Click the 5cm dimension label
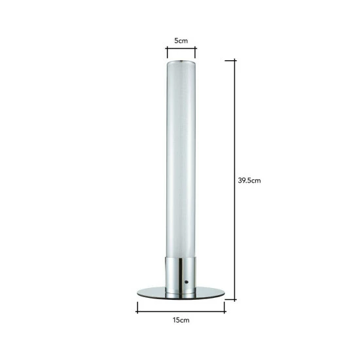[x=181, y=41]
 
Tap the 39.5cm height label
[x=249, y=181]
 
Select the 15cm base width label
[x=181, y=320]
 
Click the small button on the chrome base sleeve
[x=186, y=282]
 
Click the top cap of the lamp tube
[x=181, y=62]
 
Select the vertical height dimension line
[x=234, y=180]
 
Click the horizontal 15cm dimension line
[x=181, y=312]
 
